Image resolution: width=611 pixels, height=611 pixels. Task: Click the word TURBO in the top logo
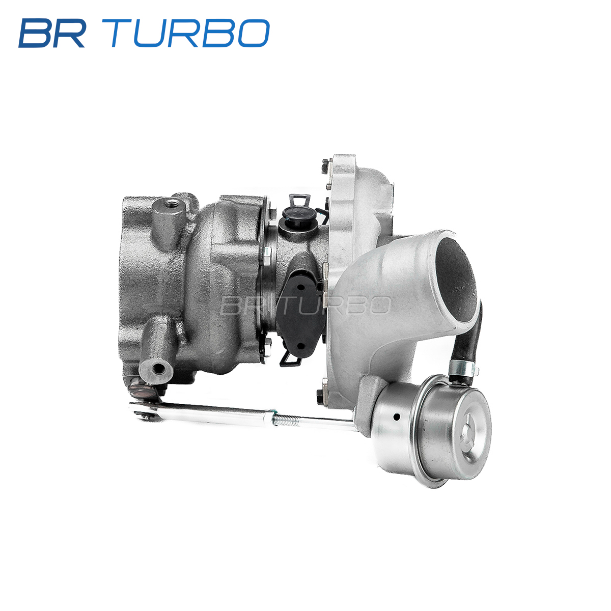tap(190, 33)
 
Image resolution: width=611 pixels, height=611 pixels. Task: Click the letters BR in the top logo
tap(52, 33)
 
